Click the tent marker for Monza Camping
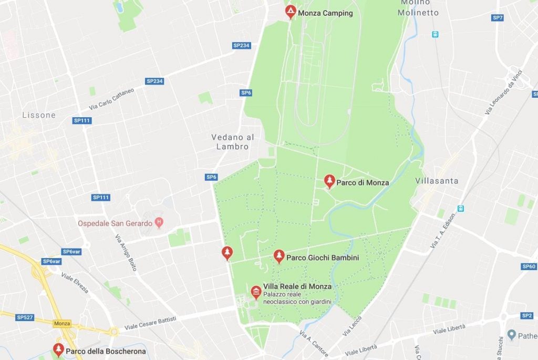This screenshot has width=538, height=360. coord(291,12)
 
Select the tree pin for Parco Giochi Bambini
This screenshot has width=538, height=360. coord(279,256)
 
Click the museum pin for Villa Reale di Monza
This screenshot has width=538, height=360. coord(256,292)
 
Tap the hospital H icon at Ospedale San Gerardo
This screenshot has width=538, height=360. coord(159,223)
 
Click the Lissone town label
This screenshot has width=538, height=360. coord(39,115)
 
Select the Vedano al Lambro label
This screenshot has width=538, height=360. coord(233,142)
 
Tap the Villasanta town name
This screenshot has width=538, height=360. coord(437,181)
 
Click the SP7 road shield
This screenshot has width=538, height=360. coord(498,18)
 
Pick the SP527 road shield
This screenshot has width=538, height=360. coord(24,317)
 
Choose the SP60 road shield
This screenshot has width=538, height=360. coord(529,266)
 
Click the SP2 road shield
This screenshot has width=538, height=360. coord(527,315)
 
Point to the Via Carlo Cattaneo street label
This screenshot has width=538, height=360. coord(111,98)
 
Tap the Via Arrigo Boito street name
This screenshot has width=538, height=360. coord(126,253)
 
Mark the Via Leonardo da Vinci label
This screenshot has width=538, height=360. coord(505,92)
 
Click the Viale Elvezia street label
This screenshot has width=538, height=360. coord(75,283)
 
